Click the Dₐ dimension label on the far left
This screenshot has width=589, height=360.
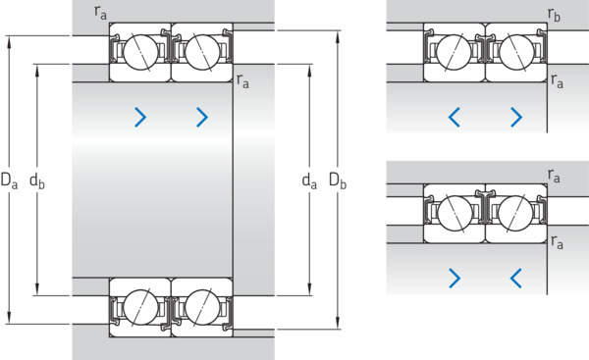point(9,180)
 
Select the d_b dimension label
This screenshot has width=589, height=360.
point(37,180)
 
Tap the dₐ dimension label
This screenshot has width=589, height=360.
point(309,180)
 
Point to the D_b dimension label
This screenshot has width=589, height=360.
point(338,180)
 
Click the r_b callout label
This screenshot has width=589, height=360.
point(554,15)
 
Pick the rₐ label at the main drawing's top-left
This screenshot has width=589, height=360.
point(100,12)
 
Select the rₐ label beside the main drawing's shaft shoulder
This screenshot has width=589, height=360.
point(242,81)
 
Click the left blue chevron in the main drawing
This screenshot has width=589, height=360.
point(140,117)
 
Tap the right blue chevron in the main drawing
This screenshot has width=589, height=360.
point(202,117)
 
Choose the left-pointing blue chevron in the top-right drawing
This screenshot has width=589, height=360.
point(455,117)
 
